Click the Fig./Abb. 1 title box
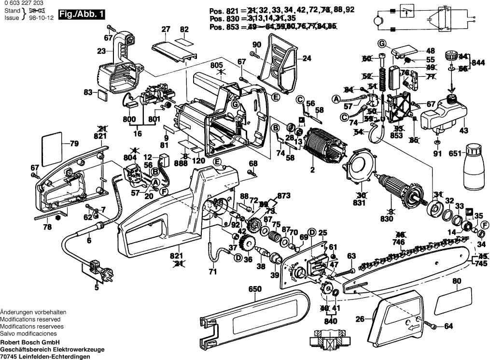(82, 15)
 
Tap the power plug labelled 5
(97, 268)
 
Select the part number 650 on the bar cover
(254, 290)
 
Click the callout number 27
(166, 29)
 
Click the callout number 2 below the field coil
(312, 170)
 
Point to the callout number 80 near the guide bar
(456, 281)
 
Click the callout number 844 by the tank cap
(478, 62)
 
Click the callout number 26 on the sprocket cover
(359, 318)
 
